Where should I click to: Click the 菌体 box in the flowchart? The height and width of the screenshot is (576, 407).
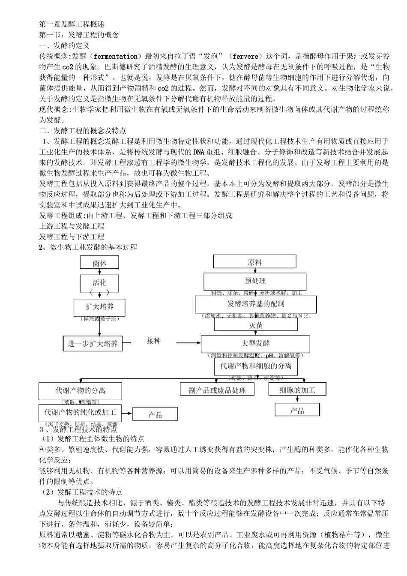[99, 263]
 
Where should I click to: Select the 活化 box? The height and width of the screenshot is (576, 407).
[99, 283]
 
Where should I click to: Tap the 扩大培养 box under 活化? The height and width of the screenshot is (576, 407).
[99, 307]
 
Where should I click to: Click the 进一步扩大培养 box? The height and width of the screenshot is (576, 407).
[93, 343]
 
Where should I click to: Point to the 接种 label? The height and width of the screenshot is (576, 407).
[153, 341]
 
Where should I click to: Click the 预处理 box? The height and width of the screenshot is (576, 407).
[255, 281]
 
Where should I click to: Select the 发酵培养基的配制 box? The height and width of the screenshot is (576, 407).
[256, 304]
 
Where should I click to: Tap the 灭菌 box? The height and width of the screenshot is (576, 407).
[256, 325]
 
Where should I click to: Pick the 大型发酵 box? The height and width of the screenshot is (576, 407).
[255, 343]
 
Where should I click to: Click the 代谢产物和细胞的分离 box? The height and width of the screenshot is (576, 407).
[255, 366]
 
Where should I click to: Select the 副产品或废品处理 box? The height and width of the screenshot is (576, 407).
[217, 390]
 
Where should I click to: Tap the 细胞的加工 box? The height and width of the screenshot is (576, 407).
[297, 390]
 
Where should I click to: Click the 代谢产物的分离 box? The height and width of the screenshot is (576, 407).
[80, 390]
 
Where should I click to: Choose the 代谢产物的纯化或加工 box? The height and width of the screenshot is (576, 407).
[80, 412]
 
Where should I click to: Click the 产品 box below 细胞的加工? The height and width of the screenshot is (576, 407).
[297, 411]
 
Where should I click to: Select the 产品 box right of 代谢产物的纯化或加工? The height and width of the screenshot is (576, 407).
[155, 414]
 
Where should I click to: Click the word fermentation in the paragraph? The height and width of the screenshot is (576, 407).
[115, 56]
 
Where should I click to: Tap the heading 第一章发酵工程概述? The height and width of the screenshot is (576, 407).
[72, 24]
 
